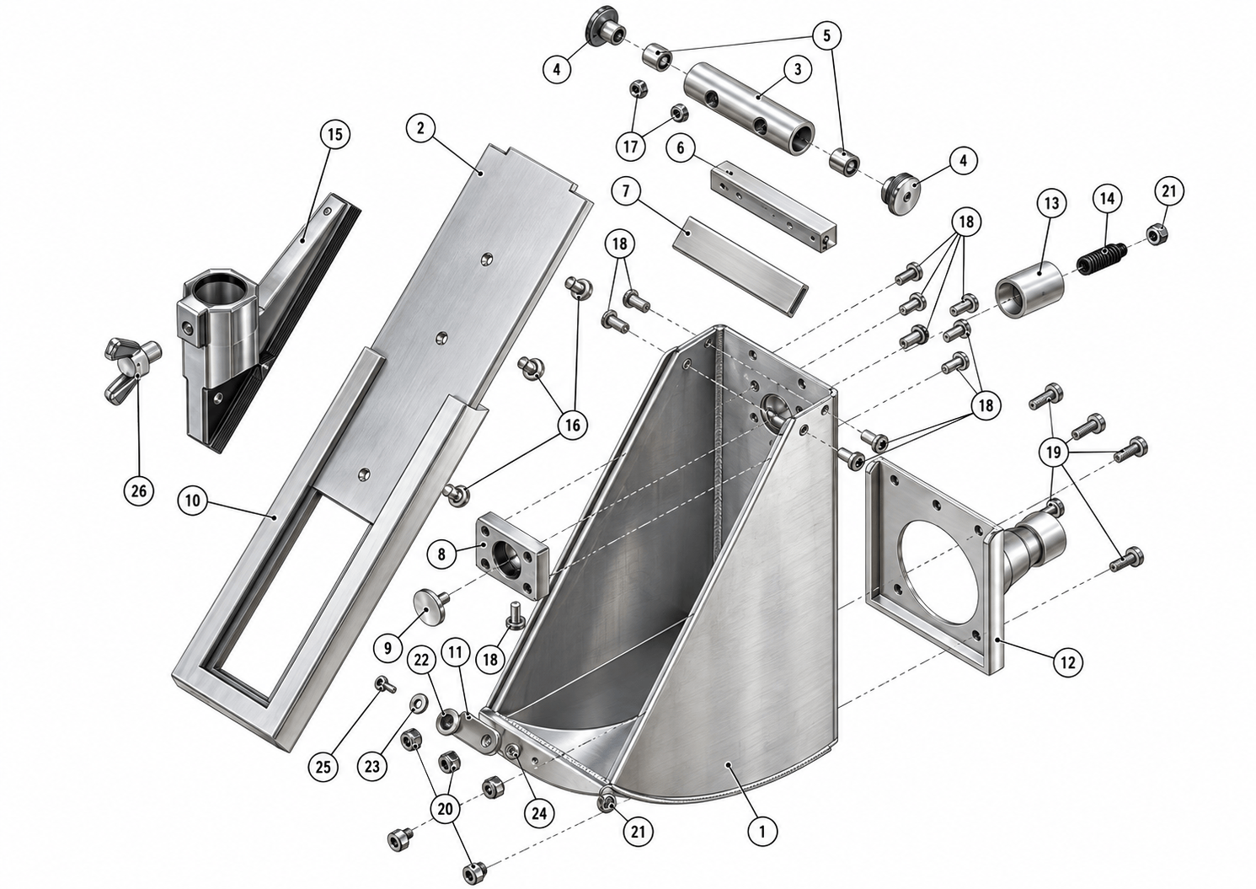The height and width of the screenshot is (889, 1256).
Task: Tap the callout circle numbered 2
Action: coord(421,128)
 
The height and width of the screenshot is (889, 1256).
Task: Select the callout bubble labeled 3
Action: coord(798,70)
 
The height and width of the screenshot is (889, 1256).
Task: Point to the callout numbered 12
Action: coord(1068,662)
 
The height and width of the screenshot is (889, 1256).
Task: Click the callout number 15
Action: coord(334,135)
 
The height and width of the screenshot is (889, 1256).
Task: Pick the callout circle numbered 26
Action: coord(138,491)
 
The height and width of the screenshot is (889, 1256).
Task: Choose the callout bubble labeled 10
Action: coord(192,501)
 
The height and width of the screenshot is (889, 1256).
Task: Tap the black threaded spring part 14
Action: coord(1101,259)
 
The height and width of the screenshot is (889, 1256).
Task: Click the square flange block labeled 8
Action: coord(511,554)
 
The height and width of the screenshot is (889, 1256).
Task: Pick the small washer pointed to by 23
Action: coord(417,701)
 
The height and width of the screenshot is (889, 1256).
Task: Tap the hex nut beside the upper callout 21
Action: coord(1155,233)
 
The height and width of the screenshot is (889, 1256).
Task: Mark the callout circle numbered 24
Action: coord(539,813)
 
